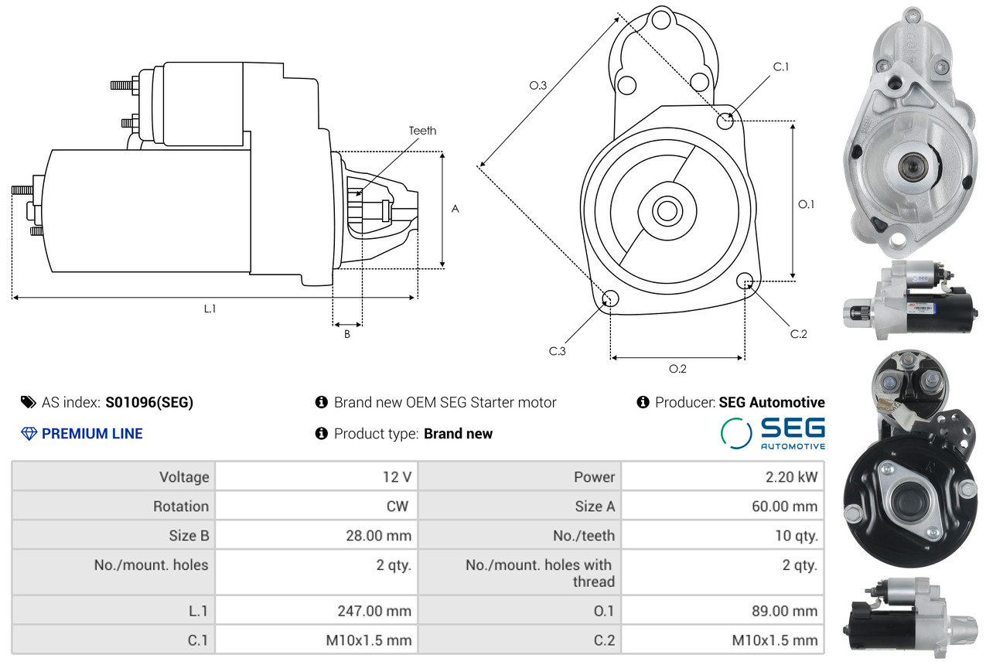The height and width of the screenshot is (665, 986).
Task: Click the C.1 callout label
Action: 781,66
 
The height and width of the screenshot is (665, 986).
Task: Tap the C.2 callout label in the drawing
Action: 798,334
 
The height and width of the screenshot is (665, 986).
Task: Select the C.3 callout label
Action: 558,351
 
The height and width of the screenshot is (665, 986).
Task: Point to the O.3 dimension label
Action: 538,86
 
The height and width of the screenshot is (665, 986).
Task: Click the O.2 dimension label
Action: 677,369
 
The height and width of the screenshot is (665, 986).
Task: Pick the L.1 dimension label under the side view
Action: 210,309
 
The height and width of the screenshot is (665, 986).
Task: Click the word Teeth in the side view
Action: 422,131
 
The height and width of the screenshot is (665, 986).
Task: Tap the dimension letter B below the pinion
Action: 347,335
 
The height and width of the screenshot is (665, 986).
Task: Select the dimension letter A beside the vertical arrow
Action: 455,209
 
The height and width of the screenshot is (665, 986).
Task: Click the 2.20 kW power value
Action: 791,477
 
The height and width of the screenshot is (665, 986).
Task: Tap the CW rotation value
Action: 397,506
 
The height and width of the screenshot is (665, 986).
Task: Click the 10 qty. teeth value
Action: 796,535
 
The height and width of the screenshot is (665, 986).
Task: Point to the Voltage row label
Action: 184,477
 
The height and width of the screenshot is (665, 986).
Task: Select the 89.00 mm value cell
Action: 784,611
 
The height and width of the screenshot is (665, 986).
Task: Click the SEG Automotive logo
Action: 773,433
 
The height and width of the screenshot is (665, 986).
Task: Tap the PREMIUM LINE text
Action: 92,434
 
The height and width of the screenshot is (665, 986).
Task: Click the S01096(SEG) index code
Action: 149,402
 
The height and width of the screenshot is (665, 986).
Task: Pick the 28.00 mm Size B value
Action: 379,535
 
